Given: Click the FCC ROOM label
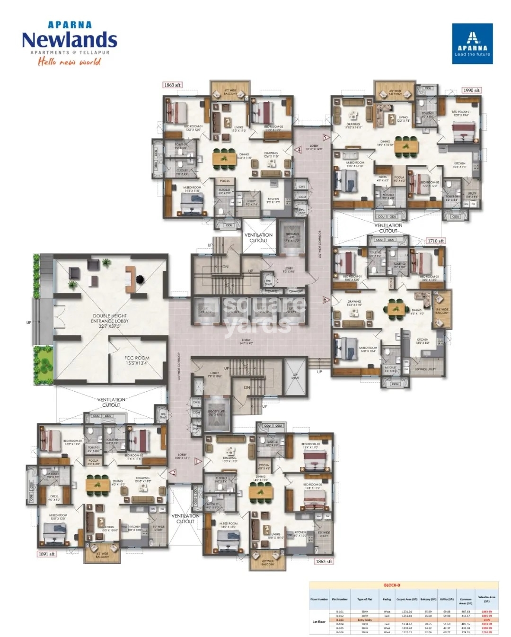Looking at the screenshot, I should [x=137, y=360].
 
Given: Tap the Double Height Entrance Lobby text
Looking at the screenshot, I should [x=110, y=321].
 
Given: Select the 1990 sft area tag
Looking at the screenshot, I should [x=471, y=90].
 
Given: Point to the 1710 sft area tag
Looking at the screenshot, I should [x=435, y=241].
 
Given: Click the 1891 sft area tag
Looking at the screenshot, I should [x=46, y=554].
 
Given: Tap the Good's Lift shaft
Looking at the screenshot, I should [x=216, y=415].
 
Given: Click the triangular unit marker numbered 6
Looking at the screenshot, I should [x=325, y=300].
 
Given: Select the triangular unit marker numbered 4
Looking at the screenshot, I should [x=299, y=150].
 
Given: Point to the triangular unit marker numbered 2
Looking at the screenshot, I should [x=173, y=472].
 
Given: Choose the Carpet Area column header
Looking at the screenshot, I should [x=406, y=599].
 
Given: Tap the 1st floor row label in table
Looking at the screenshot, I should [x=319, y=621].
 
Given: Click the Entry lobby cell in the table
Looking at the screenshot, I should [x=364, y=620].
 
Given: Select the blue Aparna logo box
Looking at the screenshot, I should [x=472, y=44].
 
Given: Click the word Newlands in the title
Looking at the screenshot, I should [x=70, y=40].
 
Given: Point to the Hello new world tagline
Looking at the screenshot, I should [x=70, y=62].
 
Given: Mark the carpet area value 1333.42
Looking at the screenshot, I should [x=406, y=628].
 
